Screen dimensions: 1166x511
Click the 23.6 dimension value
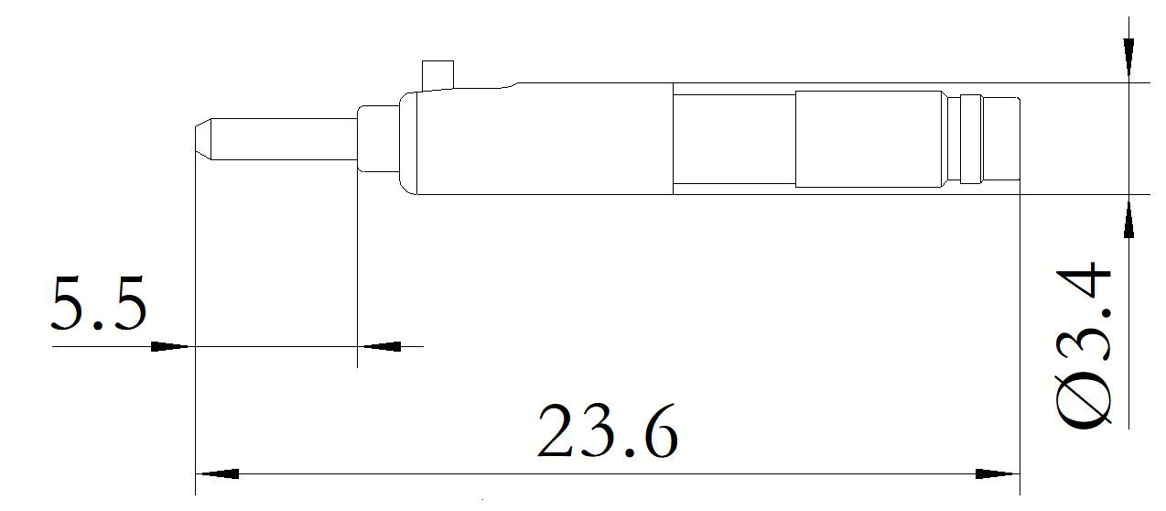(608, 430)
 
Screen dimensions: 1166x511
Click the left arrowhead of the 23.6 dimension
(217, 474)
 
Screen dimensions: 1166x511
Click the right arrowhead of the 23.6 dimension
(998, 474)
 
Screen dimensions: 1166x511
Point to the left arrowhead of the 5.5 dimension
(170, 346)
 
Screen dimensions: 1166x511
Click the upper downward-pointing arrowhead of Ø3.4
(1128, 59)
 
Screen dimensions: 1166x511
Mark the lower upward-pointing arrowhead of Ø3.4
(1128, 218)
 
